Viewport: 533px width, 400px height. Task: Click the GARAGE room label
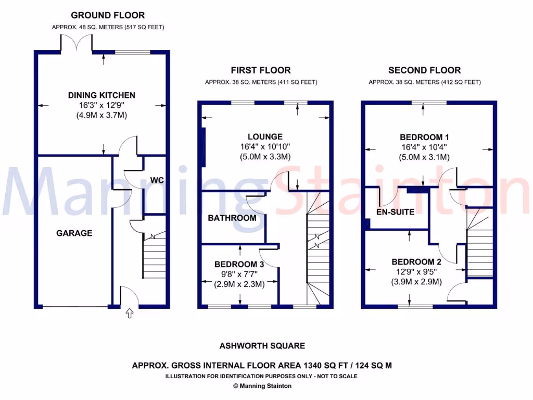pos(74,233)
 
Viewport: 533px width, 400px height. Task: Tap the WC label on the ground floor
pos(157,180)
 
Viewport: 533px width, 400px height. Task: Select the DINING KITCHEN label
pos(101,95)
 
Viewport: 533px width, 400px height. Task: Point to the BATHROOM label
pos(232,218)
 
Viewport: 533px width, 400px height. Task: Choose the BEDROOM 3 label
pos(239,265)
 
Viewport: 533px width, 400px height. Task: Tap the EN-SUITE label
pos(396,212)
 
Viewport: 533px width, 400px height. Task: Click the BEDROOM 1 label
pos(424,137)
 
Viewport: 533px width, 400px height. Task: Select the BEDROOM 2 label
pos(416,261)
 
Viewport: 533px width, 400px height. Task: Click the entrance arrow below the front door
pos(129,313)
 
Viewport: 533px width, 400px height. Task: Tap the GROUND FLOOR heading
pos(108,15)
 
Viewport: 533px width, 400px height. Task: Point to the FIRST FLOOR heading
pos(261,70)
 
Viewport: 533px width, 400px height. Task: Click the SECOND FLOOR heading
pos(424,70)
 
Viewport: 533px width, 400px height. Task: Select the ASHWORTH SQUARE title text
pos(262,345)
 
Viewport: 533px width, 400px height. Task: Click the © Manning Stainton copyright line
pos(262,386)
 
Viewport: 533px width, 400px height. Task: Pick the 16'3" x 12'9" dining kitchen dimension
pos(101,105)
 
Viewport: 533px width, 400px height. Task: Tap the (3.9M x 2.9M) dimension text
pos(416,282)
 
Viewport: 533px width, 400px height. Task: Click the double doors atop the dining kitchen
pos(77,43)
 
